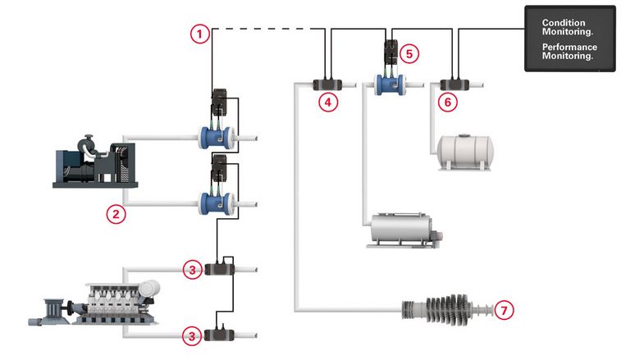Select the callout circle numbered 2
(x=116, y=214)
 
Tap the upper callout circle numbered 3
(x=191, y=269)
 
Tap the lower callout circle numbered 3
(x=191, y=335)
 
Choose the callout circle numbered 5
(x=410, y=54)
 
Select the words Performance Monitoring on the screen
(x=569, y=52)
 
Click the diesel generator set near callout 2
(x=94, y=165)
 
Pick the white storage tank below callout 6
(x=466, y=152)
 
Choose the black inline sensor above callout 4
(x=328, y=83)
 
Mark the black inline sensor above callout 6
(x=452, y=83)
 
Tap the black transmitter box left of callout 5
(x=390, y=51)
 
